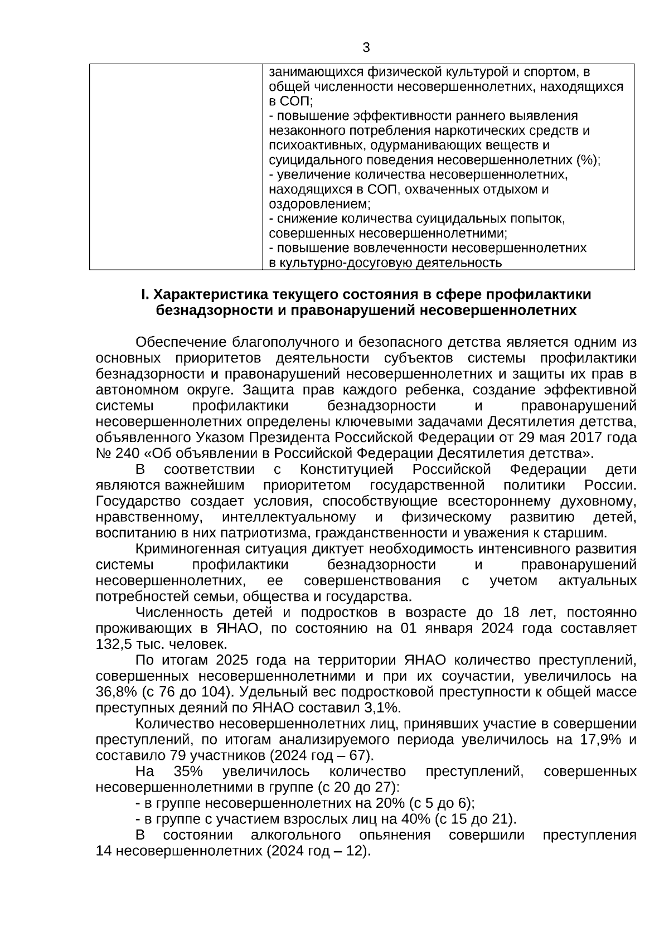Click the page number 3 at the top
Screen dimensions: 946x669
tap(366, 48)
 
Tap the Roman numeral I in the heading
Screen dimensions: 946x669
tap(144, 294)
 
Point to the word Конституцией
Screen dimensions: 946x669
tap(346, 469)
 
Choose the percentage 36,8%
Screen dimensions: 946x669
tap(114, 692)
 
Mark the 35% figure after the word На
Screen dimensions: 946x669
tap(188, 772)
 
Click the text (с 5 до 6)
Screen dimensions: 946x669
tap(441, 803)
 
